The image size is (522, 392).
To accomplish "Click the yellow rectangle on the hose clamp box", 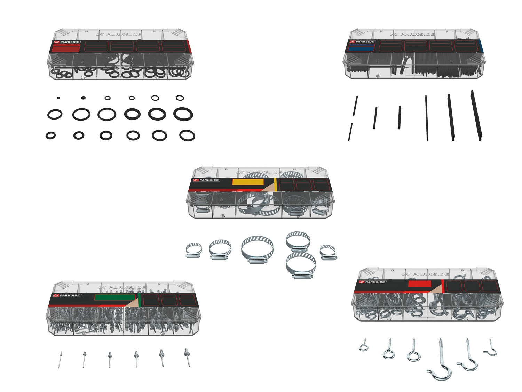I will pyautogui.click(x=248, y=182).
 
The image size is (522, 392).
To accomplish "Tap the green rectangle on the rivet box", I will pyautogui.click(x=114, y=297).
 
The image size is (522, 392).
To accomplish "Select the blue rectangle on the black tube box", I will pyautogui.click(x=361, y=48).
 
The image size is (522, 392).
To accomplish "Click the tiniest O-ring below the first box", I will pyautogui.click(x=58, y=98).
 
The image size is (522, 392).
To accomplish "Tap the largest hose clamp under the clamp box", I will pyautogui.click(x=257, y=248).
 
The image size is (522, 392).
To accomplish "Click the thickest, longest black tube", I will pyautogui.click(x=476, y=116).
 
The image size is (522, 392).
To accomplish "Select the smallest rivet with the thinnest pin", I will pyautogui.click(x=60, y=359).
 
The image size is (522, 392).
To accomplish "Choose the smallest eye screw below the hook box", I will pyautogui.click(x=363, y=346).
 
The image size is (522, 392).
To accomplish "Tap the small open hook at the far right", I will pyautogui.click(x=491, y=348).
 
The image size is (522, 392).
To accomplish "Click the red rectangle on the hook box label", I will pyautogui.click(x=419, y=284).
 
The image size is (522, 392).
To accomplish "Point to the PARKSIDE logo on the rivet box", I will pyautogui.click(x=67, y=295).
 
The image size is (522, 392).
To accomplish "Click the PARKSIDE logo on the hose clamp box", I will pyautogui.click(x=207, y=180).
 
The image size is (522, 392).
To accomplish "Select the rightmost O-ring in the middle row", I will pyautogui.click(x=183, y=114).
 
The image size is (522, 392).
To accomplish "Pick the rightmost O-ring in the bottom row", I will pyautogui.click(x=187, y=136).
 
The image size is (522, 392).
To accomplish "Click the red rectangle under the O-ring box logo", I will pyautogui.click(x=66, y=48).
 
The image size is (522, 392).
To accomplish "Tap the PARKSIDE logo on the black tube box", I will pyautogui.click(x=361, y=42).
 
